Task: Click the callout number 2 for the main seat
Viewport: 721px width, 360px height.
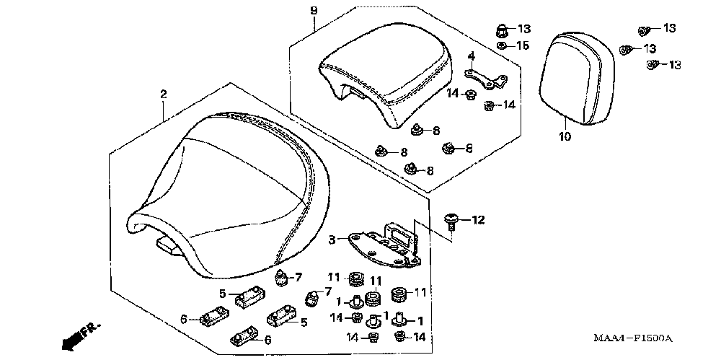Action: pyautogui.click(x=164, y=95)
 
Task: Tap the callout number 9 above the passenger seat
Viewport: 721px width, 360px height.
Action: pyautogui.click(x=313, y=10)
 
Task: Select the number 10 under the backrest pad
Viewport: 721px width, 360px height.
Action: pyautogui.click(x=564, y=136)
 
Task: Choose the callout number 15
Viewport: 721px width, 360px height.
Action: pyautogui.click(x=523, y=45)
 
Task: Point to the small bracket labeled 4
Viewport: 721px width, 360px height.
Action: pyautogui.click(x=482, y=78)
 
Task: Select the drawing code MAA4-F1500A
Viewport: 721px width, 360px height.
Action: pyautogui.click(x=633, y=338)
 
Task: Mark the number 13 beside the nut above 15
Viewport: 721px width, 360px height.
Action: pyautogui.click(x=523, y=29)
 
